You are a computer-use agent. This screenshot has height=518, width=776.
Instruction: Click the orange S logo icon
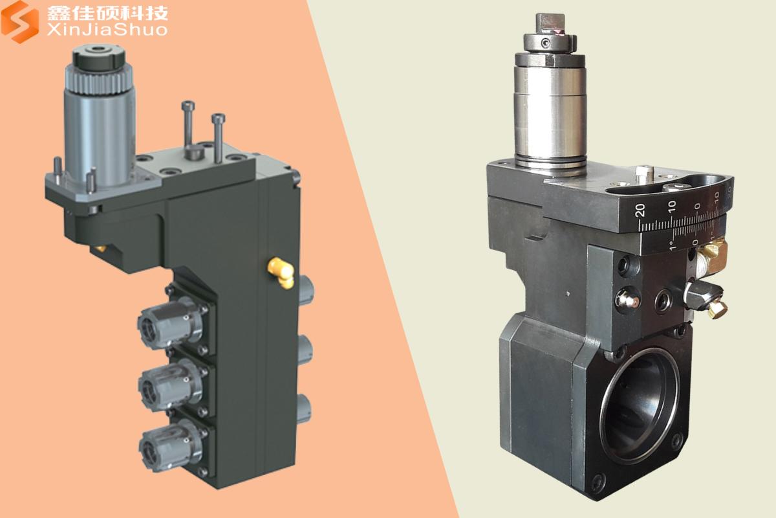tap(20, 21)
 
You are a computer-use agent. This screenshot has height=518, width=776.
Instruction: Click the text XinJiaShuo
tap(107, 30)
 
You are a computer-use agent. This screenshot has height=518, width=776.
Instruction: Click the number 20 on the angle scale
tap(641, 210)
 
